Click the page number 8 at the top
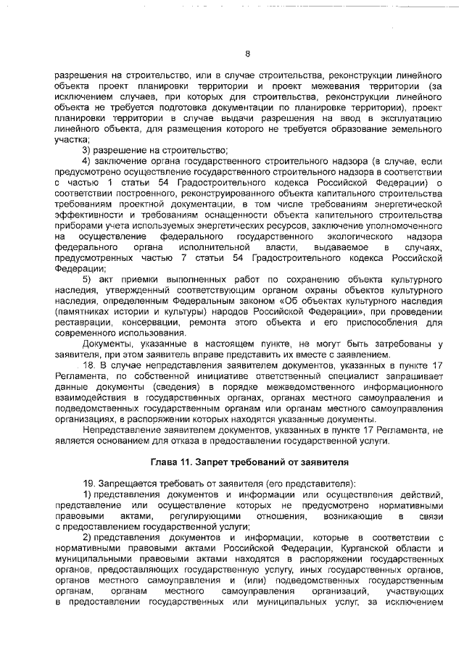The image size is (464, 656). [x=247, y=53]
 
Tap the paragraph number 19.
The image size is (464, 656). [x=88, y=483]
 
